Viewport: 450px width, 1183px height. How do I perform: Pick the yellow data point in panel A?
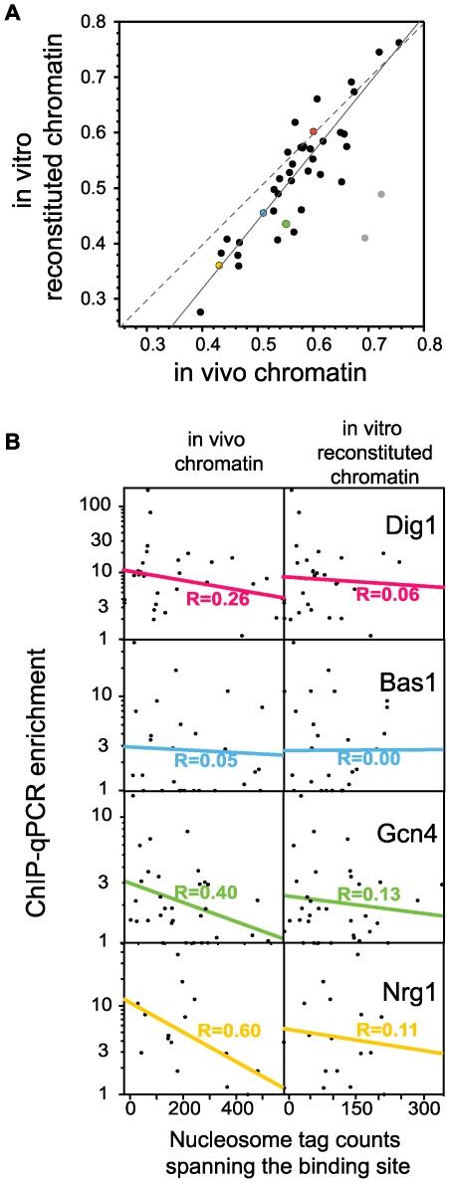coord(219,265)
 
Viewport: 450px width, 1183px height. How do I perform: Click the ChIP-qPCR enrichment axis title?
coord(36,796)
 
